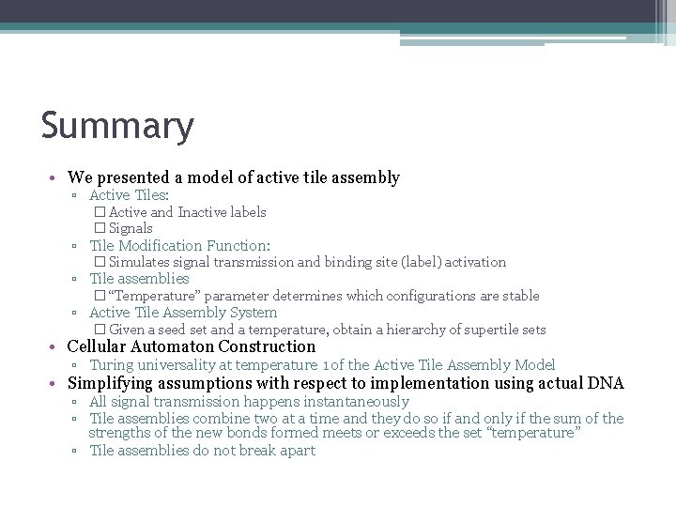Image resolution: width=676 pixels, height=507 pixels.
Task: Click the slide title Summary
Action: click(x=117, y=126)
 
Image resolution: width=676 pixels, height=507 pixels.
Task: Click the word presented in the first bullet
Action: click(x=131, y=177)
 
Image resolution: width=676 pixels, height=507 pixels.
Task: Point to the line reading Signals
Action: click(x=131, y=228)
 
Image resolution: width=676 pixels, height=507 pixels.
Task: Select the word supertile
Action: click(x=482, y=330)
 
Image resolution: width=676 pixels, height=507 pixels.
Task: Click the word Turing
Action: click(x=113, y=365)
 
